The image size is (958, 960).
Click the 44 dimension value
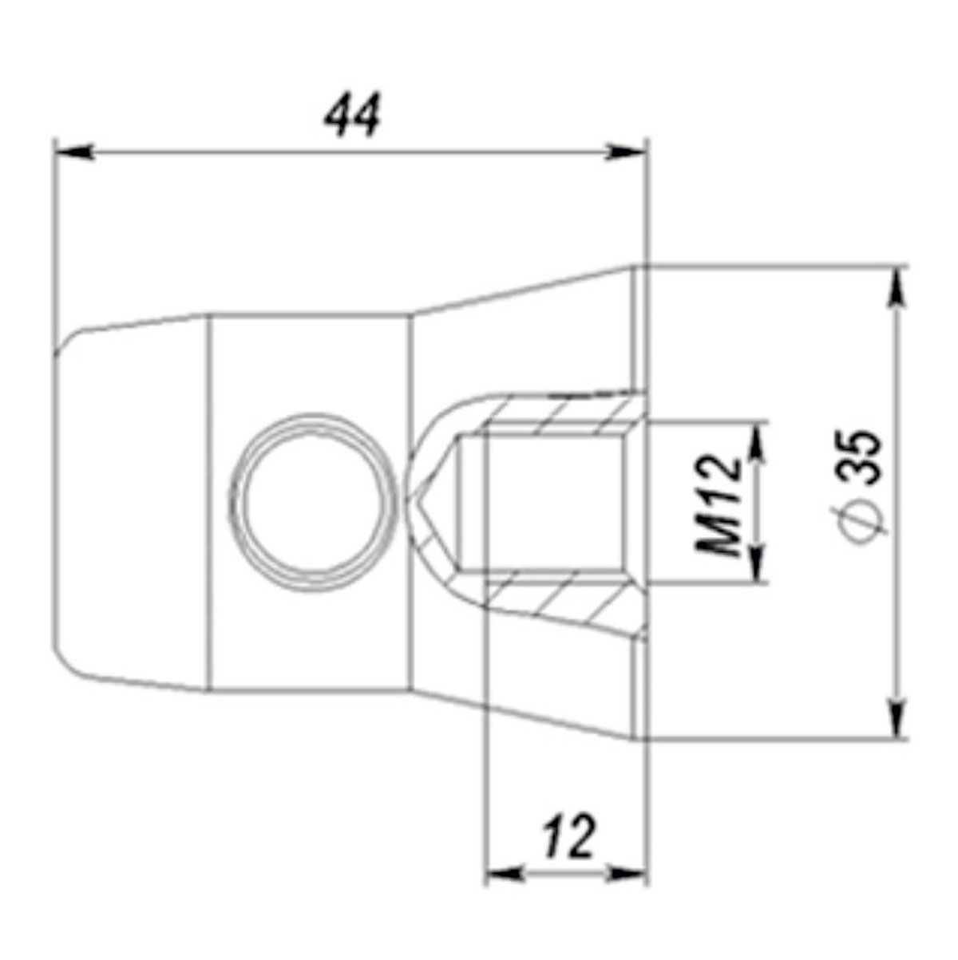tap(352, 115)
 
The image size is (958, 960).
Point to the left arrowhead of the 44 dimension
tap(74, 152)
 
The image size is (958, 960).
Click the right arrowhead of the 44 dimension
tap(626, 152)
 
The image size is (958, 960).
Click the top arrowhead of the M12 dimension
tap(758, 440)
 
